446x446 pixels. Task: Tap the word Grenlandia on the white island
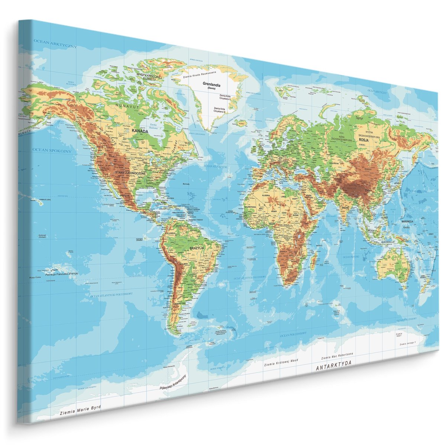[211, 84]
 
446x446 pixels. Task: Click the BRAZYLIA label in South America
[197, 248]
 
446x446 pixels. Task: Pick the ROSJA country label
[363, 140]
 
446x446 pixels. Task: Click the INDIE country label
[346, 207]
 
